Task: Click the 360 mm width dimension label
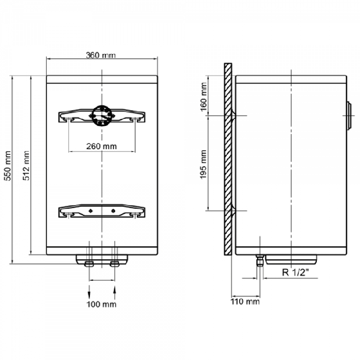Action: coord(101,56)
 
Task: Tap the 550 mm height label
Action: coord(8,166)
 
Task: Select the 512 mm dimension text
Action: coord(26,166)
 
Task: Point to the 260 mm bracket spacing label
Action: coord(101,146)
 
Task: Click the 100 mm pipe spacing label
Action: coord(101,304)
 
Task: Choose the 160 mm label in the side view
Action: coord(204,97)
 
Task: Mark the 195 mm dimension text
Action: coord(203,165)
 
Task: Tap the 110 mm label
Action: coord(245,301)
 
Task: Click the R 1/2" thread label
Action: coord(295,272)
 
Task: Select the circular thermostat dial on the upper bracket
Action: coord(102,116)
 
